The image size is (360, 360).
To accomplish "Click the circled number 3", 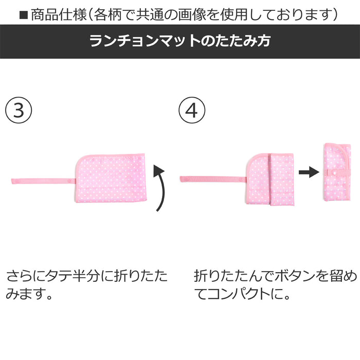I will [19, 111].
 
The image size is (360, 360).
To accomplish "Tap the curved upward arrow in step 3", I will [161, 188].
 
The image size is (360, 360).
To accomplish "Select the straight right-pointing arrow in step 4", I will [308, 173].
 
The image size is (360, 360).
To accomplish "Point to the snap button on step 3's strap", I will [70, 181].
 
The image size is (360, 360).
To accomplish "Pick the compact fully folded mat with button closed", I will [336, 173].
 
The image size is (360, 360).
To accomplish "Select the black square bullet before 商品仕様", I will [23, 14].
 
